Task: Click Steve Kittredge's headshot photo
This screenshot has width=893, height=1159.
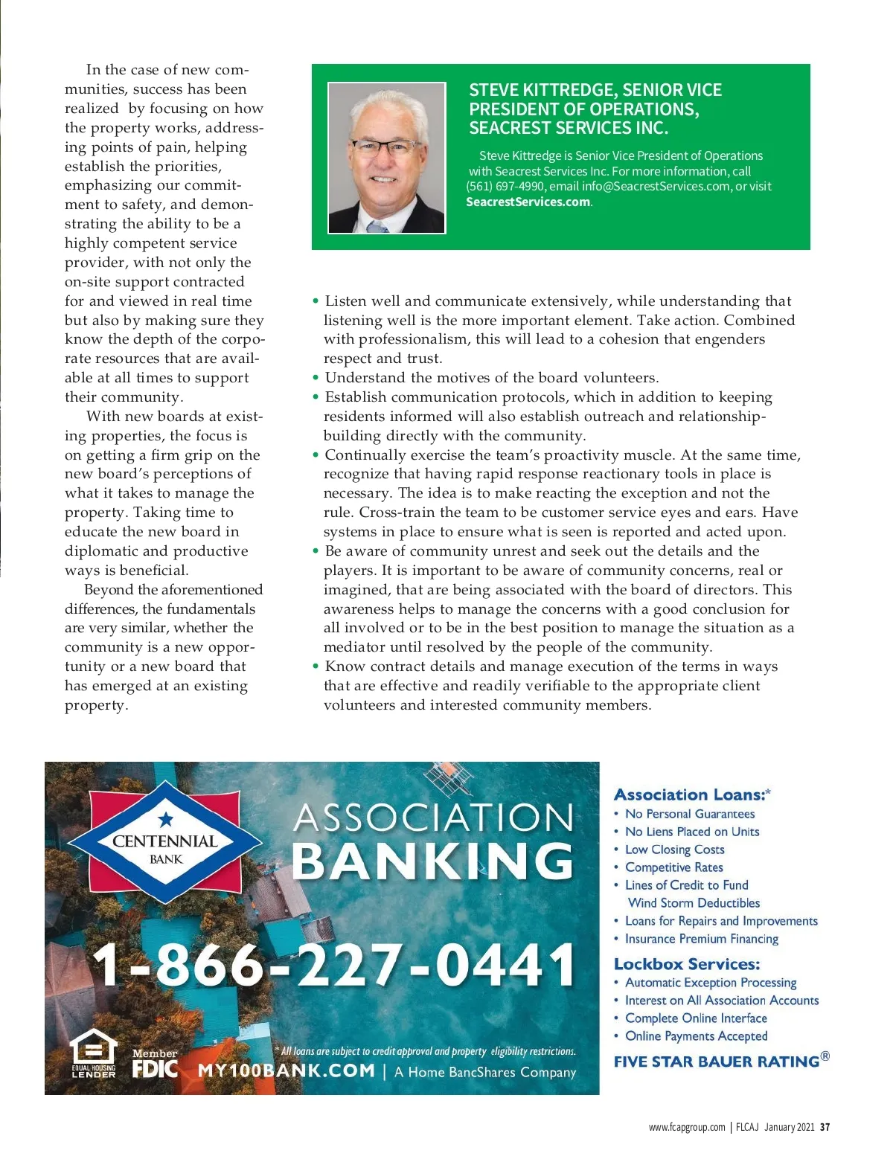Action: click(x=386, y=158)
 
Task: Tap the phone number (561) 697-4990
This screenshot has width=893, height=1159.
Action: click(x=505, y=187)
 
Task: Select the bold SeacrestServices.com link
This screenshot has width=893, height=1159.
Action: click(x=528, y=202)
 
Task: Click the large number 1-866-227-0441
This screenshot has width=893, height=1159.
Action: click(x=333, y=965)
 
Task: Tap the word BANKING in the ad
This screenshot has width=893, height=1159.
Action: click(x=432, y=861)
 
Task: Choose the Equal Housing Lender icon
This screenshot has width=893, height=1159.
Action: click(x=94, y=1054)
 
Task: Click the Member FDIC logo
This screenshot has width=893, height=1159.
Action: click(x=155, y=1065)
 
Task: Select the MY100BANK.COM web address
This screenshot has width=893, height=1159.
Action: click(x=286, y=1071)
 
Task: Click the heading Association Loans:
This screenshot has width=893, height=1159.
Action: click(x=689, y=794)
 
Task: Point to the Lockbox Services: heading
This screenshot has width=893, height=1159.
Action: click(x=686, y=964)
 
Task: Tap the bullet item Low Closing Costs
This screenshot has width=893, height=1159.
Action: click(x=674, y=850)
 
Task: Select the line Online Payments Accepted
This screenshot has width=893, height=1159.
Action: click(x=696, y=1036)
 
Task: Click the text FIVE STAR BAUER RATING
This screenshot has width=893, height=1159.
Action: click(x=716, y=1062)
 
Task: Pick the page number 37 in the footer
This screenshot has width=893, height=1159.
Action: click(x=825, y=1127)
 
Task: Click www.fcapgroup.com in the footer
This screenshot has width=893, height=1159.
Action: click(x=686, y=1127)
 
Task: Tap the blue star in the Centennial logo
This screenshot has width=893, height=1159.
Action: click(x=165, y=820)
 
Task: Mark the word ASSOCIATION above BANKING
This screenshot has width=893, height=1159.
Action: click(x=433, y=818)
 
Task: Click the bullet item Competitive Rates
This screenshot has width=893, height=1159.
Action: click(x=673, y=867)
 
